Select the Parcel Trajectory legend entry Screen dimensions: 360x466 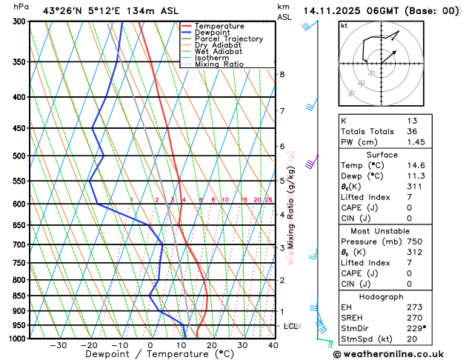(x=228, y=39)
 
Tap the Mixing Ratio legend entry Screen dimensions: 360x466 (x=219, y=64)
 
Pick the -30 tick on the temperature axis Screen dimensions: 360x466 (x=58, y=345)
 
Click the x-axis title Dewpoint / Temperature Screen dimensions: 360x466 (x=150, y=355)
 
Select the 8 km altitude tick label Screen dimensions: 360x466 (x=282, y=75)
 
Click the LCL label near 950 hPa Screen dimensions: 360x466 (x=291, y=326)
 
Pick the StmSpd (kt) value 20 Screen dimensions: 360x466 (x=412, y=339)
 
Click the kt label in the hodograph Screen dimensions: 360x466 (x=344, y=26)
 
